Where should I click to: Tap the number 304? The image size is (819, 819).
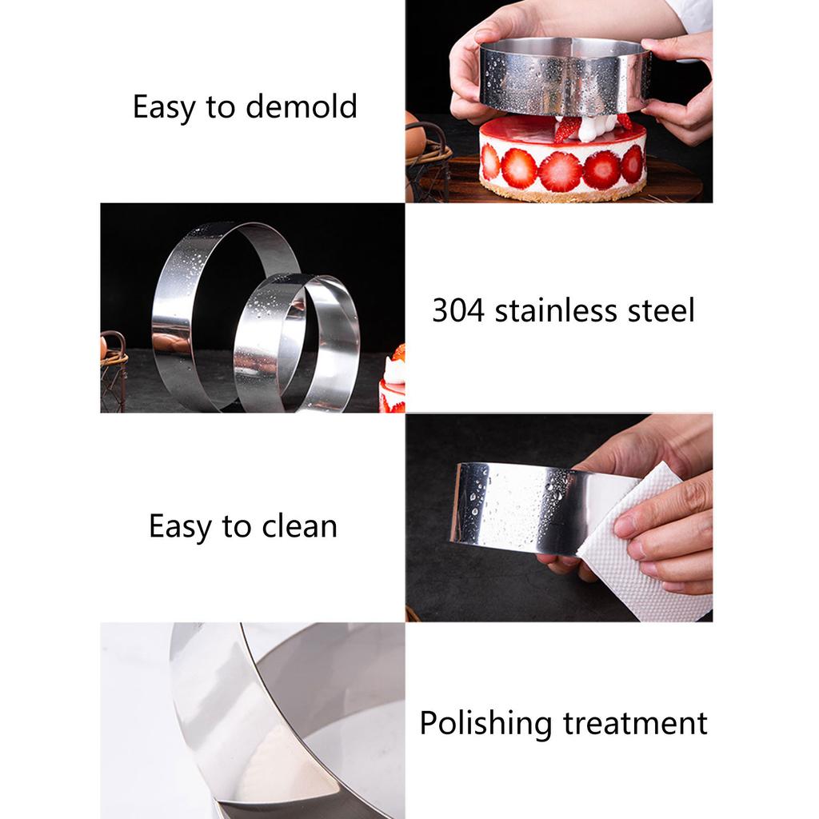pos(458,310)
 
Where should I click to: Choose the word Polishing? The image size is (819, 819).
pos(486,723)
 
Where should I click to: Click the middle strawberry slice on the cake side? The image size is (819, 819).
pos(560,170)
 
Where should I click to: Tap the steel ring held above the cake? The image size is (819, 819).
pos(564,77)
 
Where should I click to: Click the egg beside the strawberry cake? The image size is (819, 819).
pos(414,136)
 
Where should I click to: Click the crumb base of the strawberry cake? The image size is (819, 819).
pos(560,194)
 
